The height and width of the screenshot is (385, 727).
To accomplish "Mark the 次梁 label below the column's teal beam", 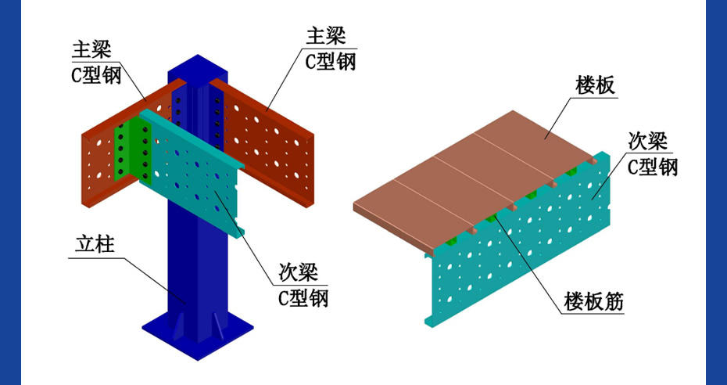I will point(298,272).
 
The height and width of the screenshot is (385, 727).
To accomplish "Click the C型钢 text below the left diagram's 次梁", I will point(299,297).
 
